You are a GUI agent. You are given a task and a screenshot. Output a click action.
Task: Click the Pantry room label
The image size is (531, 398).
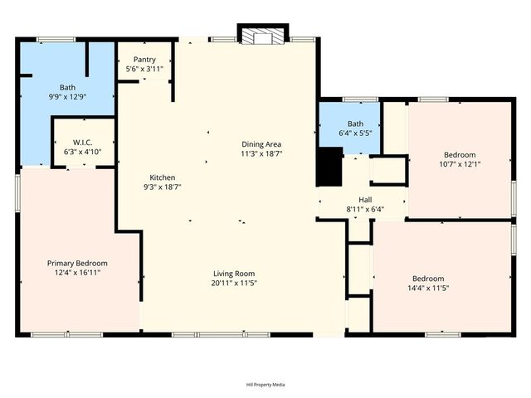pyautogui.click(x=145, y=60)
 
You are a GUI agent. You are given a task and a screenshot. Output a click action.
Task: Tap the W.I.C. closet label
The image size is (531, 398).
pyautogui.click(x=82, y=142)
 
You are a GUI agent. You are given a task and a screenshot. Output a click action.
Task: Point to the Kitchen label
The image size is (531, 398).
pyautogui.click(x=162, y=177)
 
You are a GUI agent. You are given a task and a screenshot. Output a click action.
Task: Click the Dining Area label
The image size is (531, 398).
pyautogui.click(x=261, y=144)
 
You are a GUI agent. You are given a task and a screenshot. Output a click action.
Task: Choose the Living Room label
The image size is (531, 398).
pyautogui.click(x=234, y=274)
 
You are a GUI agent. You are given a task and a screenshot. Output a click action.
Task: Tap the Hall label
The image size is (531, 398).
pyautogui.click(x=365, y=199)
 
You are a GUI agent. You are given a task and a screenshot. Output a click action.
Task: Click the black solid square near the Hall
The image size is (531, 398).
pyautogui.click(x=330, y=167)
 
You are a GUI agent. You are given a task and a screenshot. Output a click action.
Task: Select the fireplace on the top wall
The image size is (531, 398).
pyautogui.click(x=262, y=35)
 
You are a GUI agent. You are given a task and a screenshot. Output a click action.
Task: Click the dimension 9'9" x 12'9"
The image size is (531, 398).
pyautogui.click(x=66, y=96)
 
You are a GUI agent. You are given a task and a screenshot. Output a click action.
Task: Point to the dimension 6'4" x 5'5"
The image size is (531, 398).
pyautogui.click(x=354, y=131)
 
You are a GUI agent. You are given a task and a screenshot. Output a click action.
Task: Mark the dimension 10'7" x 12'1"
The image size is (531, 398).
pyautogui.click(x=460, y=164)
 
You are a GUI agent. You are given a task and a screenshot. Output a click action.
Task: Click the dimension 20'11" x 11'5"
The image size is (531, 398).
pyautogui.click(x=234, y=283)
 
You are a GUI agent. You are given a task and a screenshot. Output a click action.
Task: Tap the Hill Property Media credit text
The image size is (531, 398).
pyautogui.click(x=265, y=385)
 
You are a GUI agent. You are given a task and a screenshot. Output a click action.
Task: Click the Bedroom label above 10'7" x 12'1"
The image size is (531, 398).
pyautogui.click(x=460, y=155)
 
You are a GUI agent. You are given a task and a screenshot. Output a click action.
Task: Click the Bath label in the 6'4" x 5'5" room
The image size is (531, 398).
pyautogui.click(x=354, y=122)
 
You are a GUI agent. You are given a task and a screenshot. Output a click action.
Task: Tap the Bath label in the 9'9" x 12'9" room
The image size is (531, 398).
pyautogui.click(x=66, y=87)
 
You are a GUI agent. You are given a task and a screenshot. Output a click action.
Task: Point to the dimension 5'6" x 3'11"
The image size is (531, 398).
pyautogui.click(x=145, y=69)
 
